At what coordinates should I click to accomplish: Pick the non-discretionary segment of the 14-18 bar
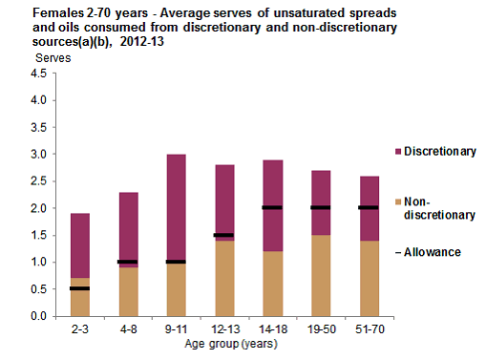[272, 283]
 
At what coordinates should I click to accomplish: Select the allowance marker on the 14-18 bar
[272, 207]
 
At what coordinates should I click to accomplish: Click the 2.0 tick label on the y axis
[37, 208]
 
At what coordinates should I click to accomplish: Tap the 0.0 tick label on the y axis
[37, 316]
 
